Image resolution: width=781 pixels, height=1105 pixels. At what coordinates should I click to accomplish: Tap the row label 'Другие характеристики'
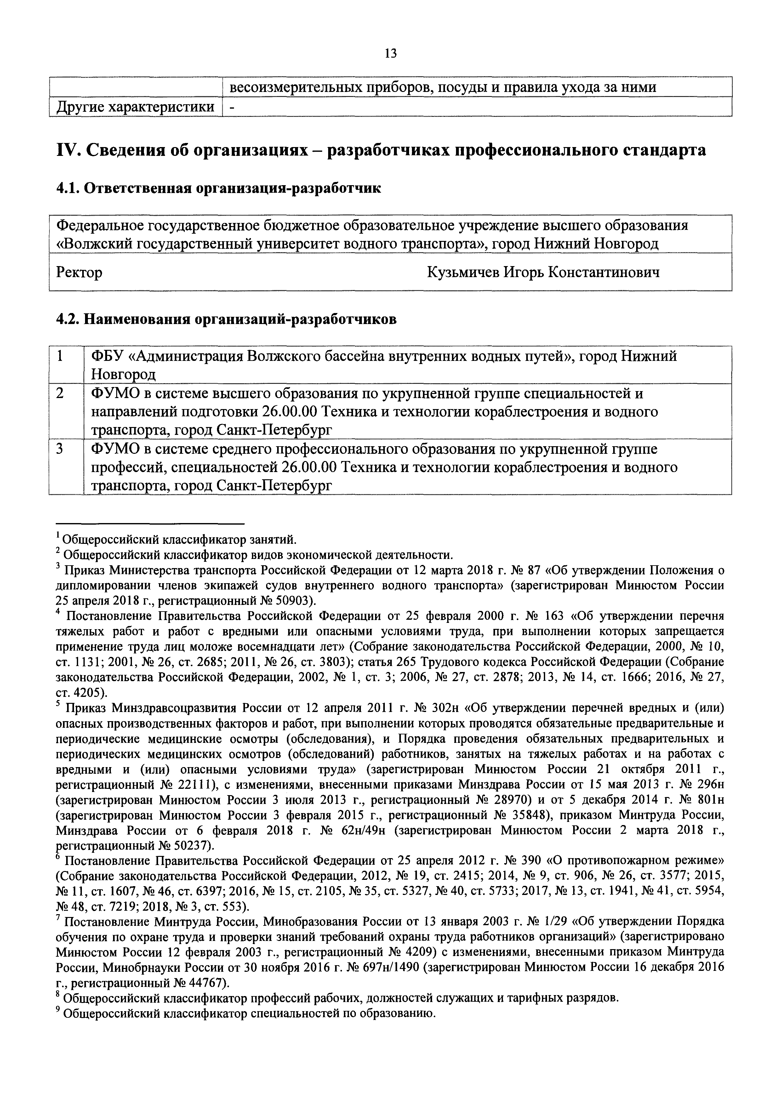pos(136,107)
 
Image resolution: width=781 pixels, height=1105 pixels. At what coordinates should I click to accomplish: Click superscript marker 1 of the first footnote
pos(58,535)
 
